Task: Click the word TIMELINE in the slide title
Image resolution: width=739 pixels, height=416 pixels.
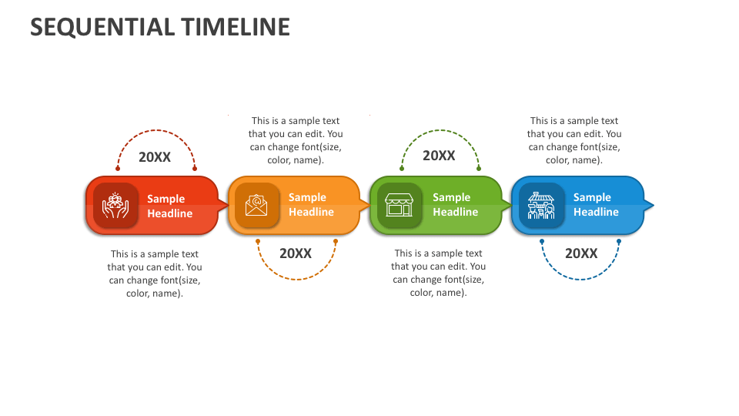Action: click(x=236, y=27)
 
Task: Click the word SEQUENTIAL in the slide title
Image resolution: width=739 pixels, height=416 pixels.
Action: click(x=102, y=27)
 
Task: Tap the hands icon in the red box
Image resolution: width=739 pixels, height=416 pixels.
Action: click(x=116, y=205)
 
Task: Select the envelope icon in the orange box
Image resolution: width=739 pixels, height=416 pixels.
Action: click(x=256, y=205)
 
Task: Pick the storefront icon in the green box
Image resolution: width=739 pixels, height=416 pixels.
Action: click(x=400, y=205)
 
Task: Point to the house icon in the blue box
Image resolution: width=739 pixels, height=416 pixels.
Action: click(x=541, y=205)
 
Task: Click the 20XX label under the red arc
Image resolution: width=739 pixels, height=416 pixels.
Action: click(x=155, y=157)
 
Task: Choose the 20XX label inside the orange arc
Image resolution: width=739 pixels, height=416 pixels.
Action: click(x=296, y=253)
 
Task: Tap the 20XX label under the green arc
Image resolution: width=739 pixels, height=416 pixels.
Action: click(x=439, y=156)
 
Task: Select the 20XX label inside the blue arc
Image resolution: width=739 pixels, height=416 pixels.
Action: click(x=581, y=253)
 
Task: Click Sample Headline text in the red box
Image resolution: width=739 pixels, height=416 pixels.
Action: click(x=169, y=206)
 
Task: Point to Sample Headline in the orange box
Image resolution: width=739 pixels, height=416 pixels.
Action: click(x=311, y=205)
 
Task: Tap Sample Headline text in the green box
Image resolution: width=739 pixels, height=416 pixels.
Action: click(x=455, y=205)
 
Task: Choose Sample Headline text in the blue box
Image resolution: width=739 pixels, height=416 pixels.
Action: click(x=596, y=205)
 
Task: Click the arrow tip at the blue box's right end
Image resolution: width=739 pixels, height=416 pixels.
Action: click(x=651, y=205)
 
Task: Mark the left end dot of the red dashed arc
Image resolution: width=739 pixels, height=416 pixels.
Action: click(x=118, y=168)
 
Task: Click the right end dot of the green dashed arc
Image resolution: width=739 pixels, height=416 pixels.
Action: click(x=479, y=168)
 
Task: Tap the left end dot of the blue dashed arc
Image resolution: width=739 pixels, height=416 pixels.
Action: click(x=542, y=242)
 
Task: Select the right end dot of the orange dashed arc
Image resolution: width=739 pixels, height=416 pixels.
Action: click(x=336, y=242)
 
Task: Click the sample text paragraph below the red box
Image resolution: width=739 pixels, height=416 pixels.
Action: click(x=155, y=273)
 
